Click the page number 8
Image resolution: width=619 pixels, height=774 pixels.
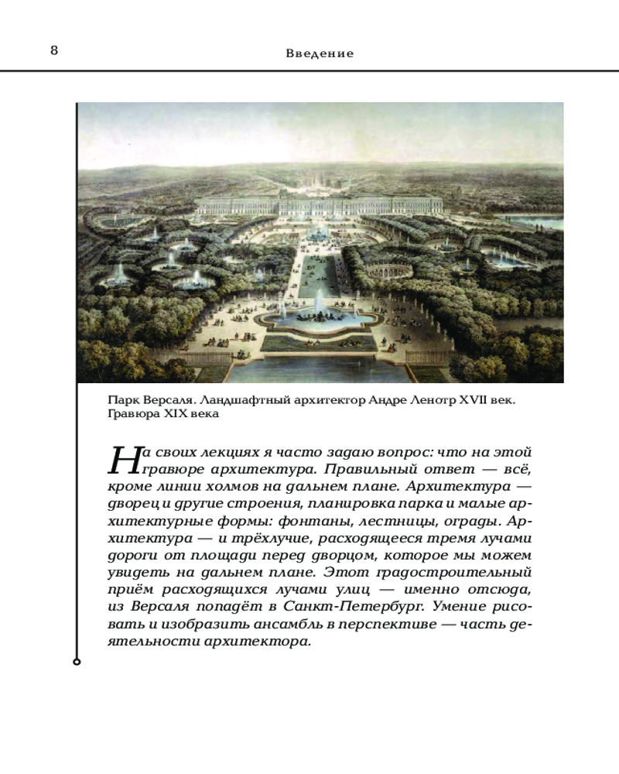point(54,51)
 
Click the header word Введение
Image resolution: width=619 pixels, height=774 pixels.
point(320,53)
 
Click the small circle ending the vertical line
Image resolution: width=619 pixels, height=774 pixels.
point(76,662)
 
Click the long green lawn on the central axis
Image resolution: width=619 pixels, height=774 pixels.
point(319,275)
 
